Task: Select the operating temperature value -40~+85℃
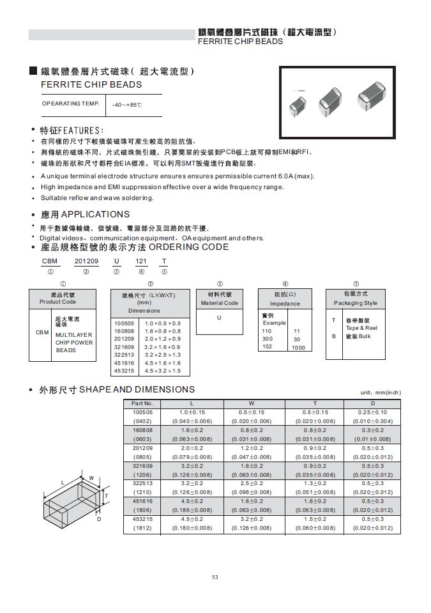pyautogui.click(x=126, y=104)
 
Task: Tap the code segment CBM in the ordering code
pyautogui.click(x=49, y=261)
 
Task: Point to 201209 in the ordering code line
pyautogui.click(x=87, y=261)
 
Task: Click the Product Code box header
pyautogui.click(x=57, y=298)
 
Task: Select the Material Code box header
pyautogui.click(x=220, y=299)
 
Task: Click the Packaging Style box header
pyautogui.click(x=355, y=299)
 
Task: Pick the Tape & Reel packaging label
pyautogui.click(x=361, y=327)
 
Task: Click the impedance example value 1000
pyautogui.click(x=298, y=347)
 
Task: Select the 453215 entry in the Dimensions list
pyautogui.click(x=124, y=371)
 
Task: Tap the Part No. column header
pyautogui.click(x=142, y=403)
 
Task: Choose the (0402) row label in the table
pyautogui.click(x=142, y=421)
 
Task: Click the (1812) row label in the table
pyautogui.click(x=142, y=529)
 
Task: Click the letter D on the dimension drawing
pyautogui.click(x=100, y=520)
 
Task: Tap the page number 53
pyautogui.click(x=215, y=577)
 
